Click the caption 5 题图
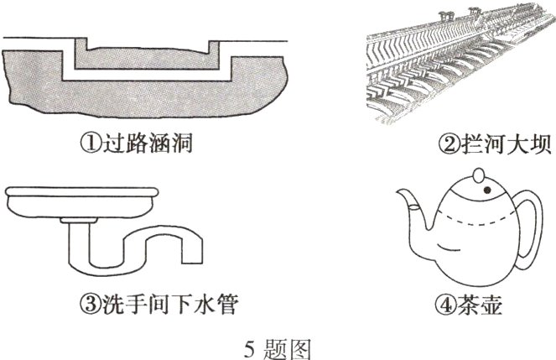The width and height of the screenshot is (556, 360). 277,344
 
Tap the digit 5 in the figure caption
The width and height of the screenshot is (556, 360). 250,344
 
